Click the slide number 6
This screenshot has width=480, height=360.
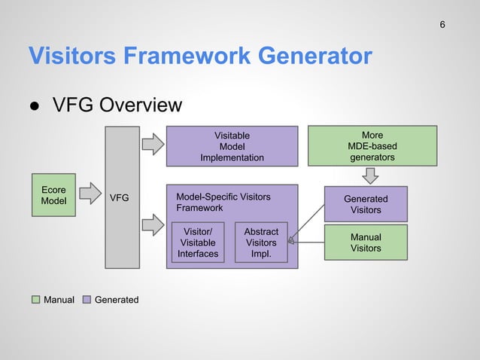[442, 25]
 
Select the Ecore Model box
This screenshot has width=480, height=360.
[53, 196]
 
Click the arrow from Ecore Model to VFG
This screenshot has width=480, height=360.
[91, 194]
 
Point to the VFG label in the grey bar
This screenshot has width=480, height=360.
[120, 198]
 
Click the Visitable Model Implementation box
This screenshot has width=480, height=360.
[232, 146]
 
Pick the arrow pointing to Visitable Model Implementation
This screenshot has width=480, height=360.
[153, 143]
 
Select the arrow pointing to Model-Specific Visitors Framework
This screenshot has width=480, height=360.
[153, 224]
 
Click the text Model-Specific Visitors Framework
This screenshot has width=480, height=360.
[223, 202]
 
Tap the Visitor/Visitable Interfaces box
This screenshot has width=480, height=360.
[198, 243]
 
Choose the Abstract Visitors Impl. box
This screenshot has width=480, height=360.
[261, 243]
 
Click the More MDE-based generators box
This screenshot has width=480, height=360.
[372, 146]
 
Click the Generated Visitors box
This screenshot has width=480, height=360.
[366, 204]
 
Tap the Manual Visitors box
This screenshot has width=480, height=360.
[366, 243]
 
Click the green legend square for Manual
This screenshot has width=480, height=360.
[35, 300]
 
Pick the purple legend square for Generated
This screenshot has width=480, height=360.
[87, 300]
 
